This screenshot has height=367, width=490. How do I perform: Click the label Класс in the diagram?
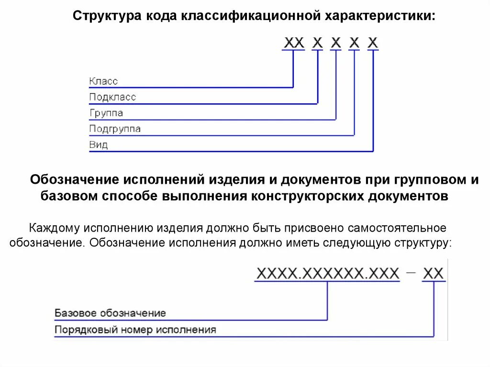point(103,81)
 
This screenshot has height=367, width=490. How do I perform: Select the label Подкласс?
point(112,97)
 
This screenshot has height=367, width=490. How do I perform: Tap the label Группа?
point(106,113)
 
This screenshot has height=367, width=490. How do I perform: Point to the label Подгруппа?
point(115,129)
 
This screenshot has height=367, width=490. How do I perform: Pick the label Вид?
point(99,145)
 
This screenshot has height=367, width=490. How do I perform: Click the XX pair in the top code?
point(294,43)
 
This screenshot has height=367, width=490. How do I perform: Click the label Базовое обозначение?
point(110,313)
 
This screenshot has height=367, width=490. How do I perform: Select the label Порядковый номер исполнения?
point(135,330)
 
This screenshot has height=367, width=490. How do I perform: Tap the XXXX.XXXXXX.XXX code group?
point(328,274)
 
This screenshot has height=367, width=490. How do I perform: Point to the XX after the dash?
point(434,274)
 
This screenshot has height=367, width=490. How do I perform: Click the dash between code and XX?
point(411,273)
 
